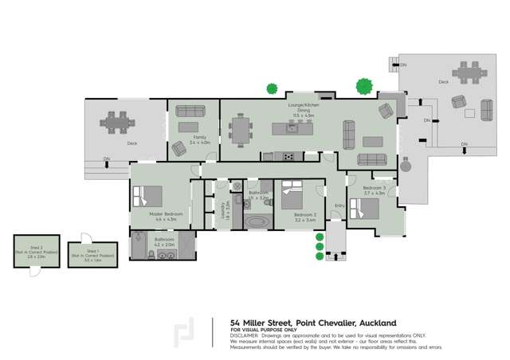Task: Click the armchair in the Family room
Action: [x=178, y=147]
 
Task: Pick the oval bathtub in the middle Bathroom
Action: [x=257, y=221]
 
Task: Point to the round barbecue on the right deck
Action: [x=406, y=168]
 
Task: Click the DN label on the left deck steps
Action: [x=107, y=160]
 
